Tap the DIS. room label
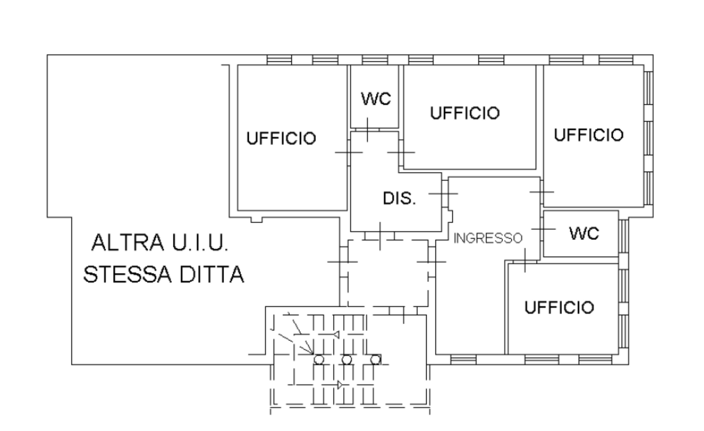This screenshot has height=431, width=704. [x=399, y=198]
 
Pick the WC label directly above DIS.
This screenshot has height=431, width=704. [x=376, y=99]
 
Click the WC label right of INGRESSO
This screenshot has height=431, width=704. [x=584, y=233]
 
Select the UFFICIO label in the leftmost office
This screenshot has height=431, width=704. [x=281, y=138]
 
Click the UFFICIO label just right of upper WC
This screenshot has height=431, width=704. [x=465, y=113]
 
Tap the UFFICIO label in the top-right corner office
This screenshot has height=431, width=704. [x=589, y=135]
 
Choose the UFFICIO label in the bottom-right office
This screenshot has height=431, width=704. [x=559, y=308]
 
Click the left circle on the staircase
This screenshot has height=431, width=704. [x=319, y=360]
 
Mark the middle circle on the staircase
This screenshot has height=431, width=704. [x=347, y=360]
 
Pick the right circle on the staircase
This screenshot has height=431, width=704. [x=375, y=360]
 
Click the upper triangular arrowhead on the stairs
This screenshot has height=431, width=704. [x=337, y=334]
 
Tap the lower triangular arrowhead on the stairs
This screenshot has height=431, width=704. [x=340, y=385]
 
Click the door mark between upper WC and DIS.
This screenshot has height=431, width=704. [x=367, y=130]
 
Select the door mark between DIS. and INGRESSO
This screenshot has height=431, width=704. [x=443, y=194]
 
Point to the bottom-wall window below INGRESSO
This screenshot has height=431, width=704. [x=463, y=360]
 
